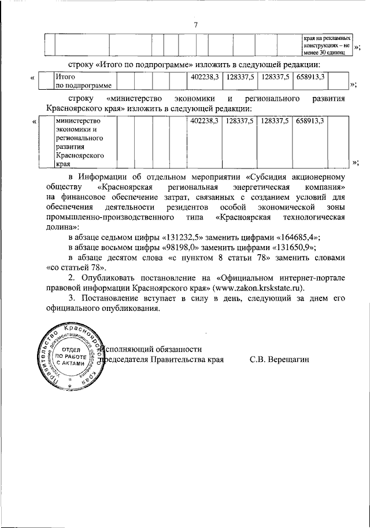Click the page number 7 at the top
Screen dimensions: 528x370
click(x=196, y=24)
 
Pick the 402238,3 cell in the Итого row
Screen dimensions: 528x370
click(x=203, y=76)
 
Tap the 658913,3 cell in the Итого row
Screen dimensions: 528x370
click(x=309, y=76)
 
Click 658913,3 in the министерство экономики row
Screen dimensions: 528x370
click(x=309, y=120)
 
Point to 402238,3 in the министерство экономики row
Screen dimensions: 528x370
click(x=203, y=120)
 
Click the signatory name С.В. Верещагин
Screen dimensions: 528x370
click(x=280, y=360)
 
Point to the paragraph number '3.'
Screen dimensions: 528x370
click(x=71, y=298)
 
